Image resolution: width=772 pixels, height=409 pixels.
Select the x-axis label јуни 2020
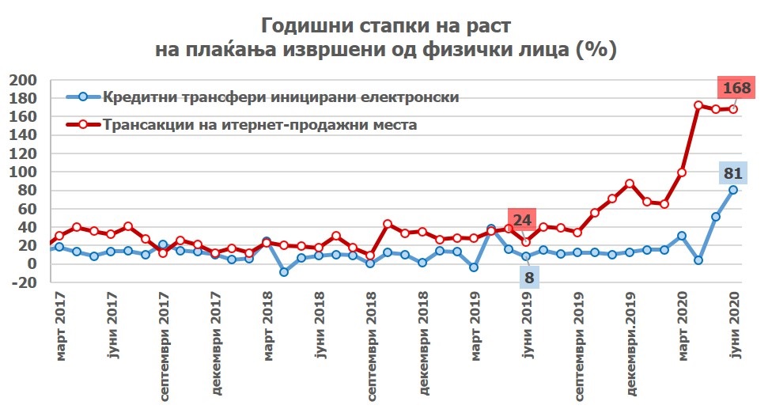[734, 327]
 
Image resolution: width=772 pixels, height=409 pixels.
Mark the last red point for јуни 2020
[733, 109]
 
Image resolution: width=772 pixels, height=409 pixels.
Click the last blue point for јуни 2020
[733, 190]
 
